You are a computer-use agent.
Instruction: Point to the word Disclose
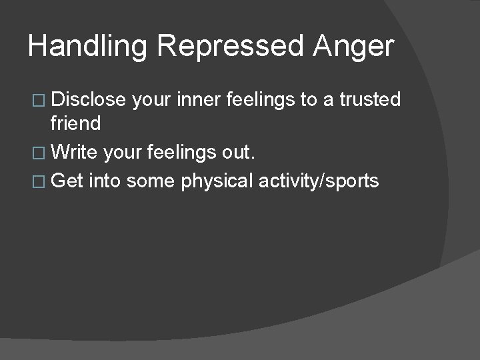tap(88, 100)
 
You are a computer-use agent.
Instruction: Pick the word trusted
tap(370, 100)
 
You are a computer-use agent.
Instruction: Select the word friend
tap(75, 123)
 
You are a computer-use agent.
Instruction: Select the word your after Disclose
tap(152, 100)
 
